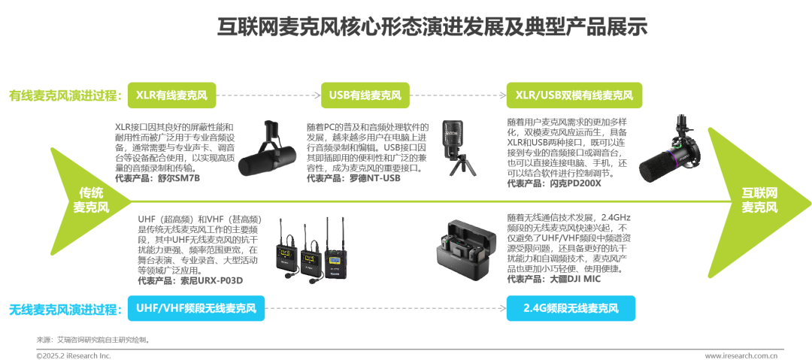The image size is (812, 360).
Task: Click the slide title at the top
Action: tap(432, 27)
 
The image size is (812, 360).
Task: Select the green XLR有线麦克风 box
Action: tap(171, 95)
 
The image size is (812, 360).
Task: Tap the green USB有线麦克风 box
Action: tap(365, 95)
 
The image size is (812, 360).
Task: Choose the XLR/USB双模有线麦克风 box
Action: tap(574, 95)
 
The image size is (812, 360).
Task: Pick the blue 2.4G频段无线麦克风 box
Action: tap(571, 308)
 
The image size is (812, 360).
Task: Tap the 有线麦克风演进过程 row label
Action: tap(64, 95)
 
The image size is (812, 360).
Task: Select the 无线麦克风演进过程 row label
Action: tap(64, 309)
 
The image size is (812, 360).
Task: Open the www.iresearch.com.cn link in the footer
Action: tap(741, 355)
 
